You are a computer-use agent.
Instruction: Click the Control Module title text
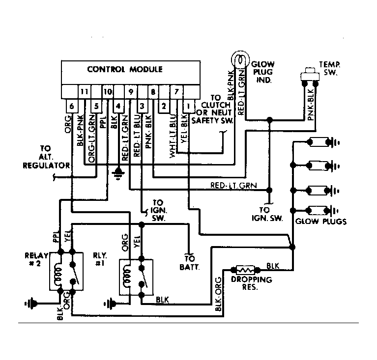pos(125,69)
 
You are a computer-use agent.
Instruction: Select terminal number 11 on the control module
pos(84,91)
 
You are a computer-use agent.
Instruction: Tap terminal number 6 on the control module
pos(72,106)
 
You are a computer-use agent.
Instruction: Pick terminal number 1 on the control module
pos(189,106)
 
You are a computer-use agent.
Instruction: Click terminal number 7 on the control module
pos(176,91)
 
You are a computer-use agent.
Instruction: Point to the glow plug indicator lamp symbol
pos(240,59)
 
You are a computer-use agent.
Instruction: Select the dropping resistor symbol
pos(245,270)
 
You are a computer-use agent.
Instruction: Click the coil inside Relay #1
pos(127,276)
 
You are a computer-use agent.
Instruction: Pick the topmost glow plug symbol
pos(323,142)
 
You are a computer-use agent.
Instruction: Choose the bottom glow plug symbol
pos(323,211)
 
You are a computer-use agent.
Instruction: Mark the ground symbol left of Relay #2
pos(31,304)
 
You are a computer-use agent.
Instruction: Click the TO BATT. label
pos(190,262)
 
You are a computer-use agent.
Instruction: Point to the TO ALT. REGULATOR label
pos(46,157)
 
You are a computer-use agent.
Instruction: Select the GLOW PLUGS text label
pos(321,222)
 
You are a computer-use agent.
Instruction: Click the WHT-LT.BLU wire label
pos(173,140)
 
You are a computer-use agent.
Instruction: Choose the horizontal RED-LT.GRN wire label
pos(233,185)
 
